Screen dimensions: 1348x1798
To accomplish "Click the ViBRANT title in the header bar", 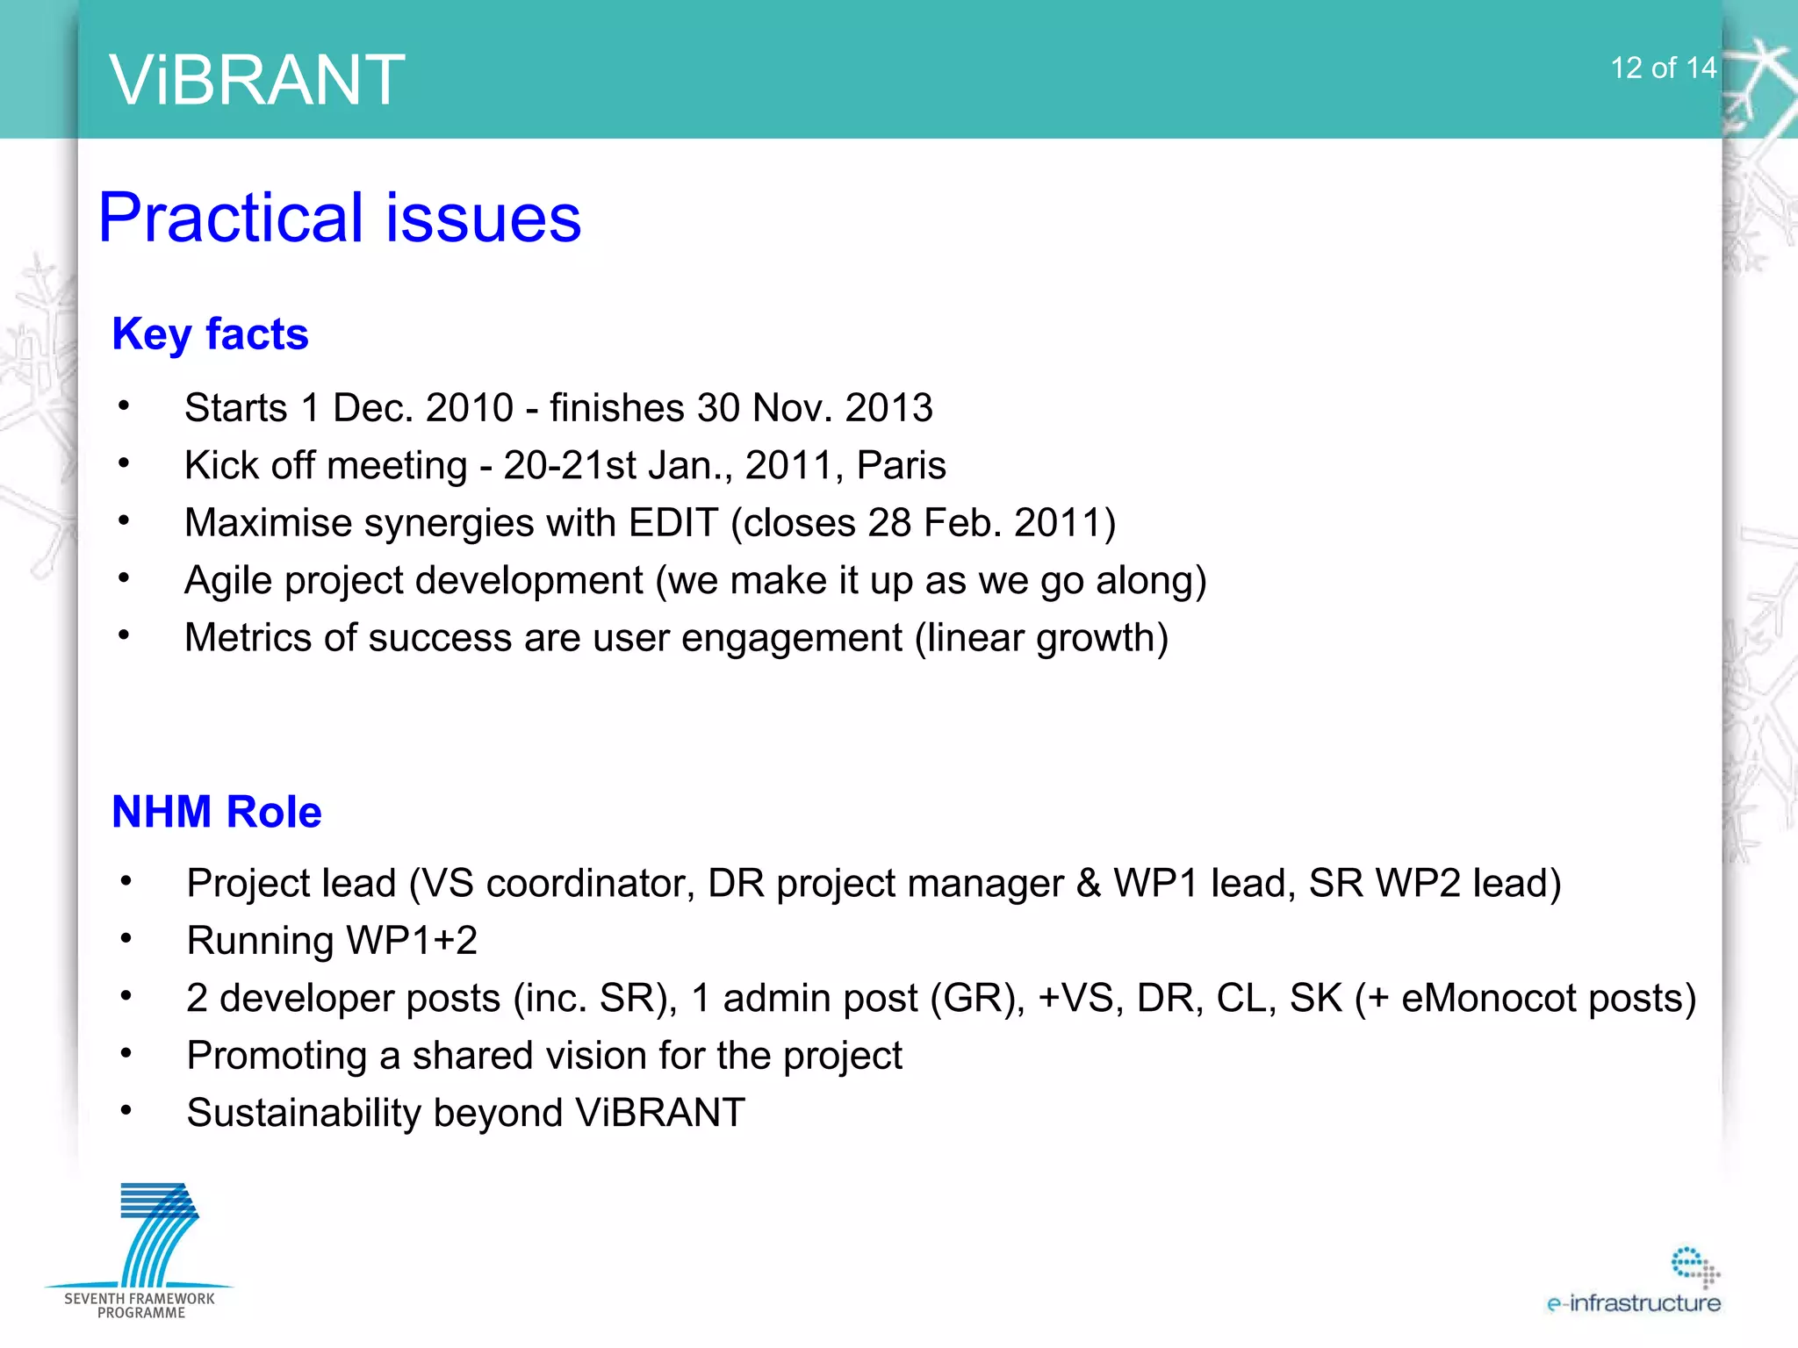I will click(x=256, y=80).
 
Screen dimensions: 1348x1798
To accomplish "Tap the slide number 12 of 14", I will click(x=1662, y=68).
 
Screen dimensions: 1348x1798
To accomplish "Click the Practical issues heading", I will click(x=340, y=218).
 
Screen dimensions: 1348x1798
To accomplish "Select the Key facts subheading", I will click(x=210, y=334).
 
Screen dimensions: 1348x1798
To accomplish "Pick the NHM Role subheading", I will click(x=216, y=812).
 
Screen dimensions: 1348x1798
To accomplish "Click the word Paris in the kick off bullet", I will click(x=901, y=465).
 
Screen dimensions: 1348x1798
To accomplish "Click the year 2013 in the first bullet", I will click(x=888, y=408).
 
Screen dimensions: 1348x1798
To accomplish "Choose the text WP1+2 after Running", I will click(x=412, y=941).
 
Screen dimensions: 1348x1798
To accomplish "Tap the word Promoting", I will click(x=276, y=1056).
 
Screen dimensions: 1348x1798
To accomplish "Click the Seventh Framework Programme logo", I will click(x=140, y=1251).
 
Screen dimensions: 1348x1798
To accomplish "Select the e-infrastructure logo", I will click(x=1636, y=1284).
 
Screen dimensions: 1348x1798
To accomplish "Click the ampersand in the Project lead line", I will click(x=1088, y=884).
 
